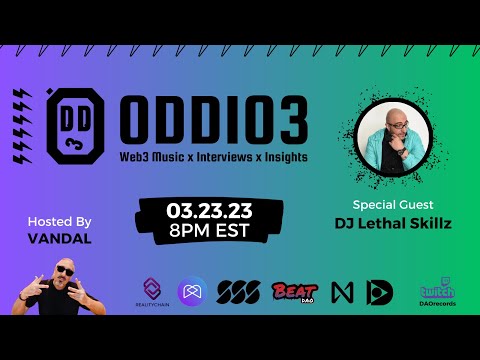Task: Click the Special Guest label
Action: pos(392,202)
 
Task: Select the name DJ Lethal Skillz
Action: pos(392,223)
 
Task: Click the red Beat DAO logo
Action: pos(294,292)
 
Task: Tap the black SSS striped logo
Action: pos(239,292)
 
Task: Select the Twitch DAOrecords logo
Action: pos(437,292)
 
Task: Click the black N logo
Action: pos(344,292)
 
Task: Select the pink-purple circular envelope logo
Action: pos(192,291)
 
